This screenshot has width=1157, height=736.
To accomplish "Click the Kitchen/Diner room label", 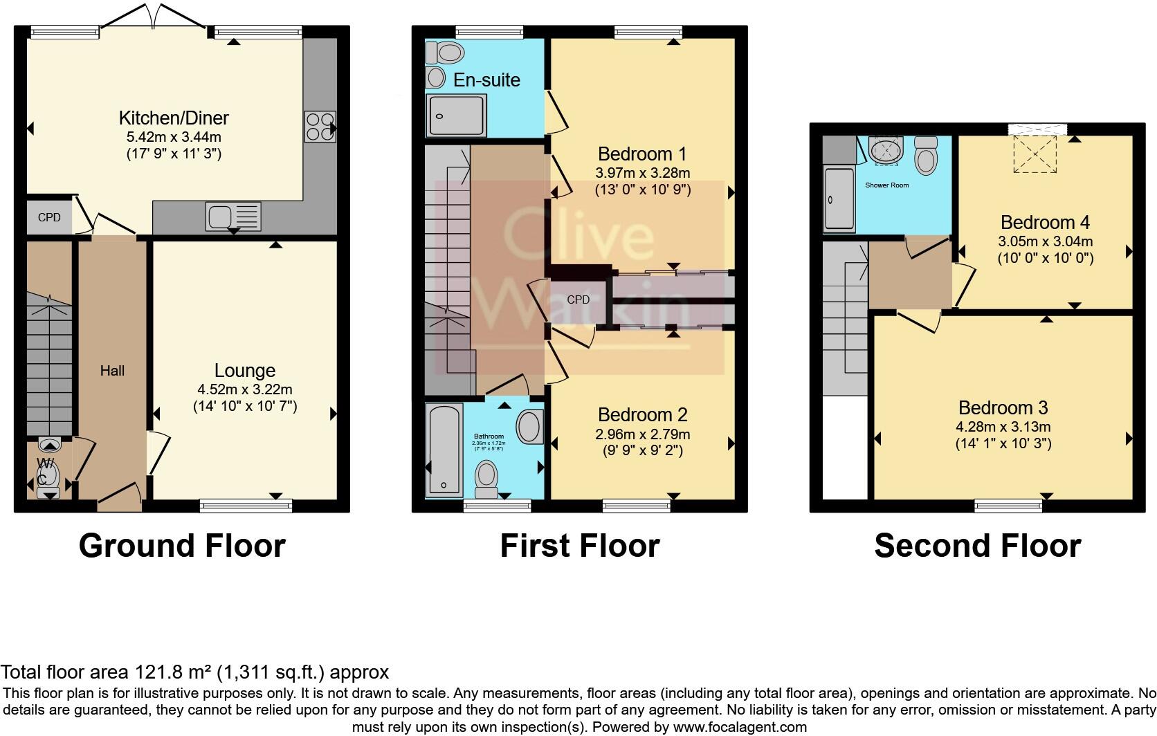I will [x=174, y=118].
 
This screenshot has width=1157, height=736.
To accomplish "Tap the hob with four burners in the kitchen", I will [x=320, y=127].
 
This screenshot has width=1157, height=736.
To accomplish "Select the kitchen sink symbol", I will [x=233, y=217].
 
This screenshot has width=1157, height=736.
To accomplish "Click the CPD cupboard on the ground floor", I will [x=49, y=217].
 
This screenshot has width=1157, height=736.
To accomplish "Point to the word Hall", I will [x=112, y=371].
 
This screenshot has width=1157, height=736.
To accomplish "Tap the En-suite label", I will [x=486, y=80].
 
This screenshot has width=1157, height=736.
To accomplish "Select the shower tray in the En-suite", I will [x=456, y=115].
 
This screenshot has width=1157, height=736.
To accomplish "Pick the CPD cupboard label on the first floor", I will [x=578, y=300].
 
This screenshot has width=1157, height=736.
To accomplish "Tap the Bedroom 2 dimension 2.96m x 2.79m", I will [x=642, y=434].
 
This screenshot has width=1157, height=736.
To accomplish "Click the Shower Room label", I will [x=886, y=185].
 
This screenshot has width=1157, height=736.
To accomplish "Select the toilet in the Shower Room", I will [x=925, y=156].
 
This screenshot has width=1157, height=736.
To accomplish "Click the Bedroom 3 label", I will [x=1003, y=407].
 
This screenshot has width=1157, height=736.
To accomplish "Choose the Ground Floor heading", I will [x=182, y=546].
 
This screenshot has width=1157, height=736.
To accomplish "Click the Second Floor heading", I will [x=977, y=546].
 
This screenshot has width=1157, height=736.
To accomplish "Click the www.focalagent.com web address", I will [x=739, y=727].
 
